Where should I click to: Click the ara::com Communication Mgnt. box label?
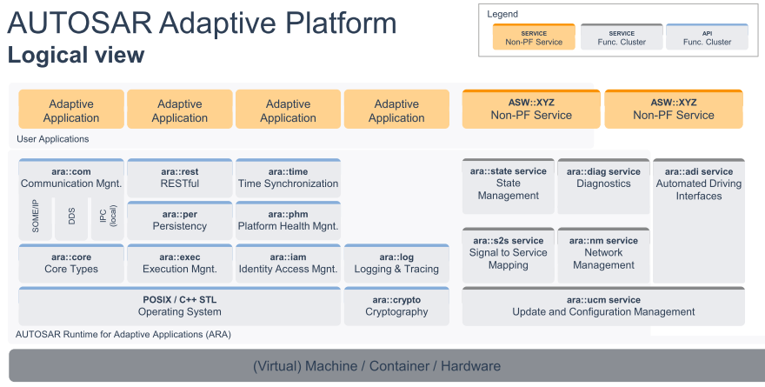click(71, 178)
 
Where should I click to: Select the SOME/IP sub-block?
click(35, 218)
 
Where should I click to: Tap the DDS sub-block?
click(71, 218)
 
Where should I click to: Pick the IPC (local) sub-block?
click(108, 218)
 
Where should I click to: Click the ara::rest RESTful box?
click(180, 178)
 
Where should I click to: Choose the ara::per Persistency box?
click(180, 221)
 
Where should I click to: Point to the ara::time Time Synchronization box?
click(288, 178)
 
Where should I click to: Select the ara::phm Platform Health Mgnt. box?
click(288, 221)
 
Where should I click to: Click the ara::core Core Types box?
click(71, 264)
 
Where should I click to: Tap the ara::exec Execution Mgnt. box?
click(180, 264)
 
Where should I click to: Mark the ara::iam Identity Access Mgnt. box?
click(288, 264)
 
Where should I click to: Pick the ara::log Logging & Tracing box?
click(396, 264)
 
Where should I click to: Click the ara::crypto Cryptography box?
click(396, 306)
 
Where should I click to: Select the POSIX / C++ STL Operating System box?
click(180, 306)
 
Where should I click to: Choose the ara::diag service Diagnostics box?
click(603, 186)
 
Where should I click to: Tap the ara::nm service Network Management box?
click(603, 255)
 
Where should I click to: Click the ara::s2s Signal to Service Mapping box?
click(509, 255)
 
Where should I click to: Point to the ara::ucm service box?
click(603, 306)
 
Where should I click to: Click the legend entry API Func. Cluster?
click(707, 37)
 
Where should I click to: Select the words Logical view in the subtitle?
click(76, 55)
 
